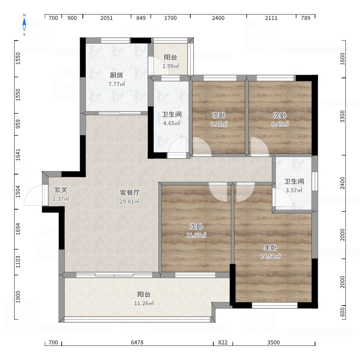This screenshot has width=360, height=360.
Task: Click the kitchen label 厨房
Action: click(117, 75)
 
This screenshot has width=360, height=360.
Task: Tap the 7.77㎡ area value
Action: click(117, 84)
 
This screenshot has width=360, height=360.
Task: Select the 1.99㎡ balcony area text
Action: click(171, 66)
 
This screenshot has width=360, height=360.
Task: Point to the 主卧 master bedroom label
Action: click(270, 247)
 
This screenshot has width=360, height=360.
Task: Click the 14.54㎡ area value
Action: click(270, 256)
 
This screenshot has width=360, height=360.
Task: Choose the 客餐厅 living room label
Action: click(130, 193)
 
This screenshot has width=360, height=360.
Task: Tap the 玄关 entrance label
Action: click(61, 190)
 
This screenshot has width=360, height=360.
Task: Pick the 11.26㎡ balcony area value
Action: click(144, 303)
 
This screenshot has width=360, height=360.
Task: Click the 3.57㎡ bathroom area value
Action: click(294, 190)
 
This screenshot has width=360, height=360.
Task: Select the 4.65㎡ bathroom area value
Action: click(171, 123)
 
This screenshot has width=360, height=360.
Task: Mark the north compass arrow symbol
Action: click(24, 25)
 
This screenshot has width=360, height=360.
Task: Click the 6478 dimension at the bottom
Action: click(137, 342)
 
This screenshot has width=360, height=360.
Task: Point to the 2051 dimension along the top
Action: click(107, 18)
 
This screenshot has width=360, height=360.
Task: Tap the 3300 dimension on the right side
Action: click(342, 117)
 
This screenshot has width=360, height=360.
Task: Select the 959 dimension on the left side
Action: click(18, 124)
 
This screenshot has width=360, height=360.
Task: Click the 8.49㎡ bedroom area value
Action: click(280, 124)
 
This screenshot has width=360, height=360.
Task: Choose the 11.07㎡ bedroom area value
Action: click(196, 235)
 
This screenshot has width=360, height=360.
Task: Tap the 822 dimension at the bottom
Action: click(223, 342)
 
